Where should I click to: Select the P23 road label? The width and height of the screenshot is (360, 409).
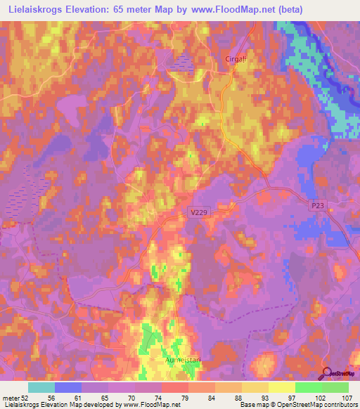[318, 204]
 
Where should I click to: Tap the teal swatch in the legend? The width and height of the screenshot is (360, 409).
[41, 387]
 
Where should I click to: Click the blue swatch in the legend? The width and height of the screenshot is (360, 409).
[68, 387]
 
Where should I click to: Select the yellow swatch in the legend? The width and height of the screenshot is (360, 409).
[282, 387]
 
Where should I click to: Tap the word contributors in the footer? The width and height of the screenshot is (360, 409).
[337, 405]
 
